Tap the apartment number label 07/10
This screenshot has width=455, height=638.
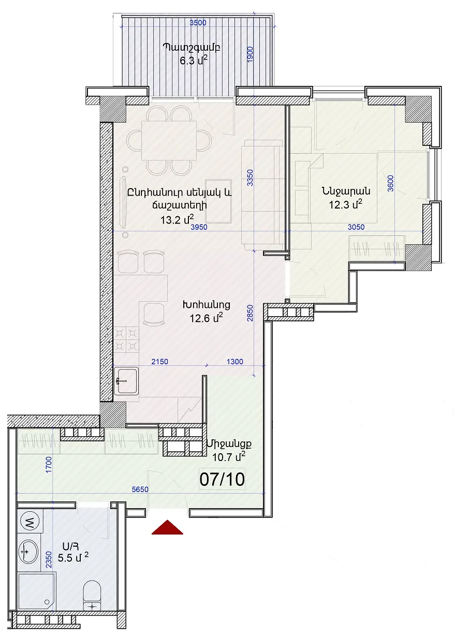pos(222,480)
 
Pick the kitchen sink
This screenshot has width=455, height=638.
pos(126,380)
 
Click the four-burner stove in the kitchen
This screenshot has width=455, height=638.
pos(126,339)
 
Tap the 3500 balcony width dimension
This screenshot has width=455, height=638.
pos(198,22)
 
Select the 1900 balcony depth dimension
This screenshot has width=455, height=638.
pos(249,55)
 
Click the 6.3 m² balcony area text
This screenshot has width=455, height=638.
pos(193,61)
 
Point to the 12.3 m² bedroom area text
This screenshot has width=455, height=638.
pos(346,204)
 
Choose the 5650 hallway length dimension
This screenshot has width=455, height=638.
pos(140,489)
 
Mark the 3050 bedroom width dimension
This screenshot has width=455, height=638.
pos(356,227)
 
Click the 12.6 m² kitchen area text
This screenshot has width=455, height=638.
pos(206,318)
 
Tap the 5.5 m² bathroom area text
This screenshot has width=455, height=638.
pos(73,557)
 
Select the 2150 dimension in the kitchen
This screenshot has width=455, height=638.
pos(159,362)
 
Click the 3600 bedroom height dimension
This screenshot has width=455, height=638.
pos(391,183)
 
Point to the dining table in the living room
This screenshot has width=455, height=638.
pos(169,141)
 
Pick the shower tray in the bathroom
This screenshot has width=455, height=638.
pos(36,592)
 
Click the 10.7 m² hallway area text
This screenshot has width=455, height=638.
pos(229,457)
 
